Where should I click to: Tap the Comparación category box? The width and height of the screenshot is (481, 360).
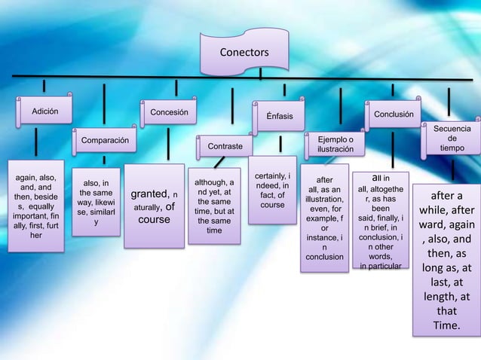(x=105, y=141)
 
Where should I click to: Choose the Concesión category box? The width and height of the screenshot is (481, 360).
(x=169, y=114)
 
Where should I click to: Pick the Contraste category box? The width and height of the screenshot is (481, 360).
(x=225, y=146)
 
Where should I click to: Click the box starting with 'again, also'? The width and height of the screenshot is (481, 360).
(x=36, y=203)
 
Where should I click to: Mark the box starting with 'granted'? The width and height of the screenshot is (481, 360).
(x=155, y=206)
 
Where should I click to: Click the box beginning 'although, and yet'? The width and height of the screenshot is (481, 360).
(x=214, y=206)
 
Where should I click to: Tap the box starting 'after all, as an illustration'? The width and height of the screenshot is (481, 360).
(x=324, y=219)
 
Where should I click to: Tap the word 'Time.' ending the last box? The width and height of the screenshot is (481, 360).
(x=446, y=325)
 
